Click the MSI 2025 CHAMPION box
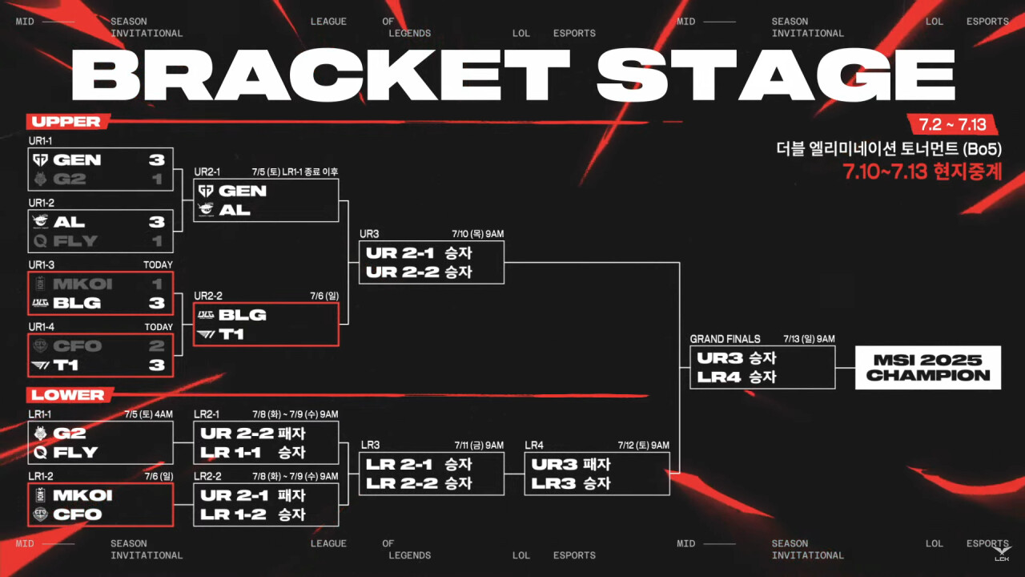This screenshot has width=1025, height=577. [x=927, y=368]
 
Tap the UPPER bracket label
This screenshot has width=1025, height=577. [x=66, y=122]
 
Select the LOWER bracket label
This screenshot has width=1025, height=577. [x=68, y=395]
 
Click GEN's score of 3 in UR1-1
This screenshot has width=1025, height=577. [x=156, y=159]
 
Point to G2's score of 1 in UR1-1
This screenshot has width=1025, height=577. [x=157, y=179]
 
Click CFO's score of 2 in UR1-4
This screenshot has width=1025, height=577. [x=156, y=346]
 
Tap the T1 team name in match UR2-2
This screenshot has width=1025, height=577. [x=231, y=333]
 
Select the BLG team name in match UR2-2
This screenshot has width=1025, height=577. [x=242, y=314]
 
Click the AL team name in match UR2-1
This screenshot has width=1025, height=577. [x=234, y=210]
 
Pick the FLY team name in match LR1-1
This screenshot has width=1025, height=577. [x=76, y=452]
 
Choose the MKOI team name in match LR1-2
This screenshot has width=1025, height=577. [x=82, y=495]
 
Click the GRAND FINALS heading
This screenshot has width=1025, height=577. [x=726, y=339]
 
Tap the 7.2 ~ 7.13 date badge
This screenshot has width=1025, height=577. [x=951, y=124]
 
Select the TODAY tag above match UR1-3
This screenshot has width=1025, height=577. [x=158, y=265]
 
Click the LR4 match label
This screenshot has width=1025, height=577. [x=534, y=445]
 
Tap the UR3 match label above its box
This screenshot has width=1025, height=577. [x=369, y=234]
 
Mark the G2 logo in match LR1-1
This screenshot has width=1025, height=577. [x=40, y=433]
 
